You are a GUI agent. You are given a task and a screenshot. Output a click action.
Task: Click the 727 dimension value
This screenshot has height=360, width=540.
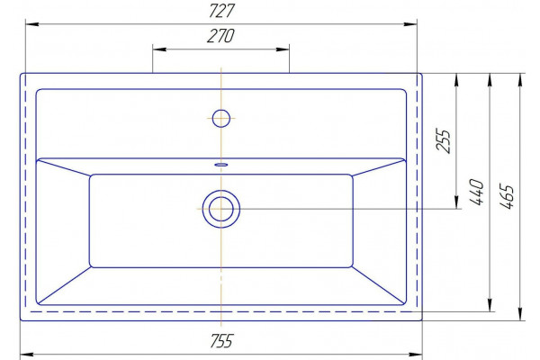tap(221, 11)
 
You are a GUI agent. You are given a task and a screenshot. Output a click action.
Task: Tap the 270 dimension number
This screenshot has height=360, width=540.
tap(220, 36)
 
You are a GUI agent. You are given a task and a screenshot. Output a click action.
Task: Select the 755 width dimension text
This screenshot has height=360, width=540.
tap(221, 341)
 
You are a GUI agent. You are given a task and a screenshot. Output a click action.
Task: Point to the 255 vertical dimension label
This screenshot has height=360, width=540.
tap(443, 141)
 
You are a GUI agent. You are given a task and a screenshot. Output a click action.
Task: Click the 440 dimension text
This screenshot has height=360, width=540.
tap(477, 192)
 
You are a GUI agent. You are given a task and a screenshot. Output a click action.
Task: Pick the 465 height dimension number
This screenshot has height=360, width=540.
tap(507, 196)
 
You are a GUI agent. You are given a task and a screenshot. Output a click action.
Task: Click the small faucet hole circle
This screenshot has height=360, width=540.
tap(221, 118)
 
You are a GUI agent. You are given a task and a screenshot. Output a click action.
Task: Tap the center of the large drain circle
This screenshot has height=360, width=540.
tap(221, 209)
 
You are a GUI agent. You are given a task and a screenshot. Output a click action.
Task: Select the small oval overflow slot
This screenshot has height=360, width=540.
tap(221, 165)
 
